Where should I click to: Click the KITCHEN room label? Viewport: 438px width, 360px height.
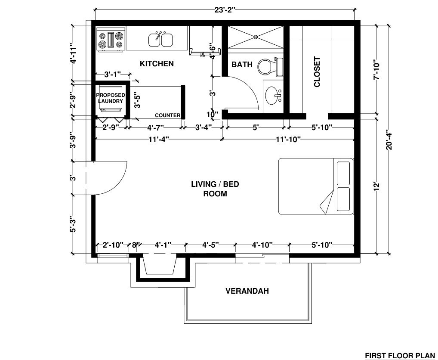tap(157, 64)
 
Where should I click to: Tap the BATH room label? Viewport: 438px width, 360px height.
tap(242, 65)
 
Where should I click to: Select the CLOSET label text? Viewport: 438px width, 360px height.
tap(317, 72)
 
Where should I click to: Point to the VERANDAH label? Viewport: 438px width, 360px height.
tap(247, 291)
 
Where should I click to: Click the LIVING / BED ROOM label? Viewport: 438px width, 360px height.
tap(215, 189)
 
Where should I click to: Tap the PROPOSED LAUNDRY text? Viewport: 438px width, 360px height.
tap(110, 98)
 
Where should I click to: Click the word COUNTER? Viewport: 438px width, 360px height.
tap(167, 115)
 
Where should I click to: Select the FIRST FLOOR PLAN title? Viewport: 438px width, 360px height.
tap(400, 356)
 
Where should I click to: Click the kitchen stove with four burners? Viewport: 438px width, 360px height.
tap(111, 40)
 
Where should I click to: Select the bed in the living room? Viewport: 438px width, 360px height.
tap(316, 186)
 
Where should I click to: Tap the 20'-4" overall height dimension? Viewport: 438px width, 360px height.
tap(389, 140)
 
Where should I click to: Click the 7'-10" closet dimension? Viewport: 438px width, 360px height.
tap(376, 70)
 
